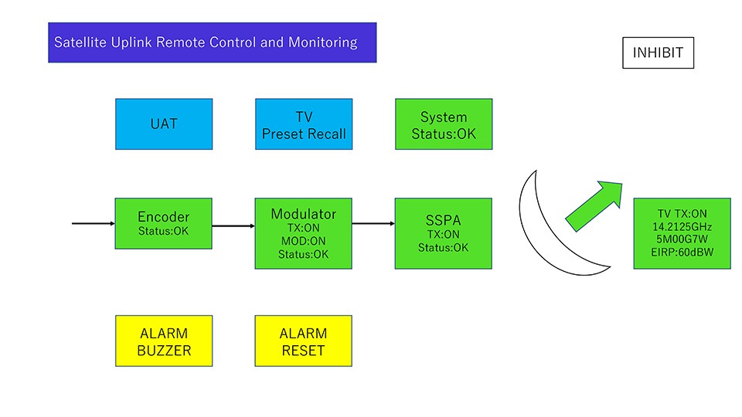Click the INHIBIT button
pyautogui.click(x=658, y=53)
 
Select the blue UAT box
pyautogui.click(x=164, y=124)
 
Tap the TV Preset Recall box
pyautogui.click(x=304, y=124)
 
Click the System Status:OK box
pyautogui.click(x=444, y=124)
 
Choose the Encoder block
pyautogui.click(x=163, y=223)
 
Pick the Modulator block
pyautogui.click(x=304, y=233)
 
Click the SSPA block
pyautogui.click(x=444, y=233)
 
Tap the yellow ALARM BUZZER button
pyautogui.click(x=164, y=341)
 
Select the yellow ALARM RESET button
pyautogui.click(x=303, y=341)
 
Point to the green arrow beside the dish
pyautogui.click(x=595, y=205)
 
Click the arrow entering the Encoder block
pyautogui.click(x=93, y=224)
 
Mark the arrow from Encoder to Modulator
pyautogui.click(x=233, y=226)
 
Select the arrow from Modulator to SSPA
pyautogui.click(x=373, y=224)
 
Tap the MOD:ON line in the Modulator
pyautogui.click(x=304, y=241)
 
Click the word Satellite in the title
pyautogui.click(x=80, y=42)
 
